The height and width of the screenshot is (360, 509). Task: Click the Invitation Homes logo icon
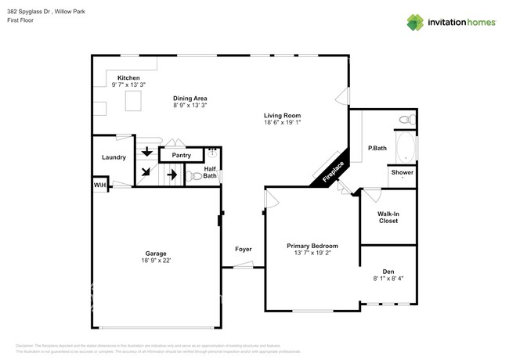[415, 22]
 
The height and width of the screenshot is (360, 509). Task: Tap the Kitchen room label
[128, 78]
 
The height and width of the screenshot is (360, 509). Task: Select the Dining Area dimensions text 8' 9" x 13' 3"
[190, 105]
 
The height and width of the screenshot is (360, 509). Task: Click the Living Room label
[282, 116]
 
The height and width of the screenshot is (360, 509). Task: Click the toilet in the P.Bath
[406, 120]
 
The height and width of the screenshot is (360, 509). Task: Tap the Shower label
[403, 172]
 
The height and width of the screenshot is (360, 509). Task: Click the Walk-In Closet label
[388, 217]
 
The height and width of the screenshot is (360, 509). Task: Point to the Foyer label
[244, 249]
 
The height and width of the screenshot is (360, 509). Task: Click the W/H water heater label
[99, 185]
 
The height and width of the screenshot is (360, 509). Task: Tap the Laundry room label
[114, 157]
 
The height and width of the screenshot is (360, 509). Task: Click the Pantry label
[181, 156]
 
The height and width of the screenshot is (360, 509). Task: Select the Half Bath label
[210, 172]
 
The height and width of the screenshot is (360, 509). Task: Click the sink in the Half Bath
[212, 153]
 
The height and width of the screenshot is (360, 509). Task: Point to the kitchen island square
[134, 100]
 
